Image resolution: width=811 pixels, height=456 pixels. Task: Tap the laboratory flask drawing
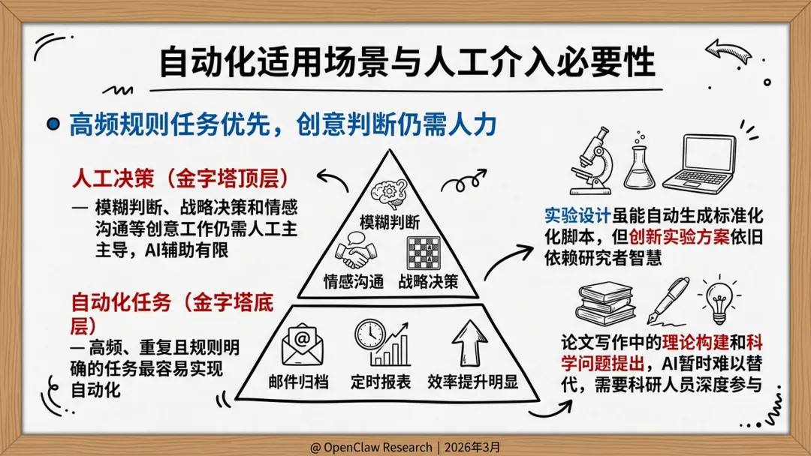638,166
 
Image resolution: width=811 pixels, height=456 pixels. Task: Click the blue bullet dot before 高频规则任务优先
53,124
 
